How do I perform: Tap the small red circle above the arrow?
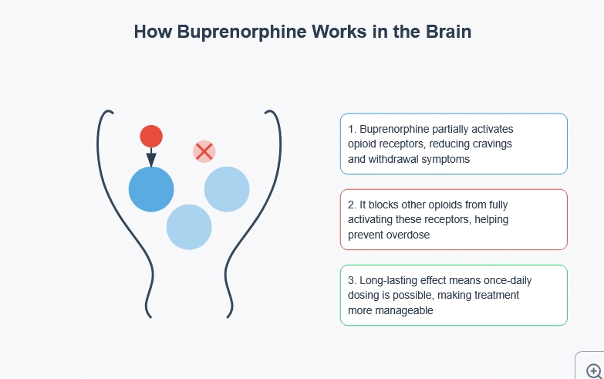151,137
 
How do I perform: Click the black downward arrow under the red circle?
151,157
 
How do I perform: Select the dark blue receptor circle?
151,189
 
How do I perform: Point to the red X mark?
204,151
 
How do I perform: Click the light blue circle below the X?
227,189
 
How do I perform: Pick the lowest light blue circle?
189,227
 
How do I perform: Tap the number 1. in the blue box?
352,129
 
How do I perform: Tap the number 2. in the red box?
352,205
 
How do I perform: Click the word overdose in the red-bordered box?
406,235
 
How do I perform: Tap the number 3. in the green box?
352,280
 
